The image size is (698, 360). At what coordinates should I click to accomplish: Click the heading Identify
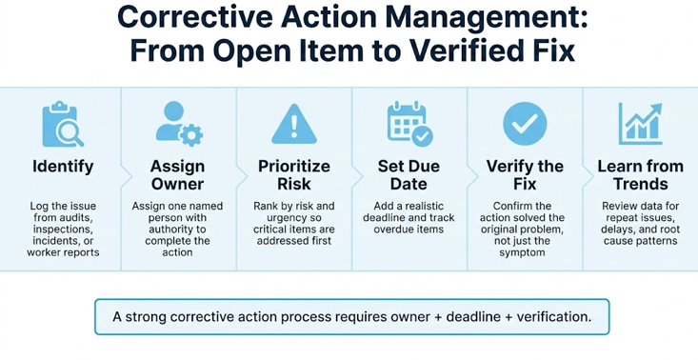pos(63,167)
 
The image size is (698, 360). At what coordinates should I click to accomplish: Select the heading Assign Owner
pos(177,175)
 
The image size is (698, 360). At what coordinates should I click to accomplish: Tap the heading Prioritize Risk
pos(293,175)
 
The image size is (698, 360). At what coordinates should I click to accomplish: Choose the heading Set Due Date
pos(409,175)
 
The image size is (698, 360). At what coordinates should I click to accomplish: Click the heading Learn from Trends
pos(640,175)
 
